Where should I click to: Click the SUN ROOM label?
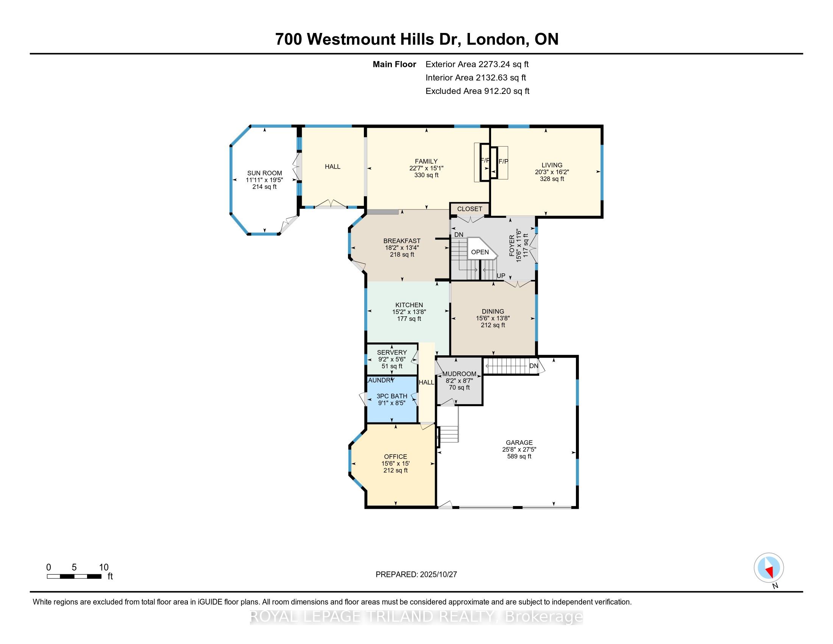264,173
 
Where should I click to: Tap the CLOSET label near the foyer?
470,209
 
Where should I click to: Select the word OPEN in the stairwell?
479,252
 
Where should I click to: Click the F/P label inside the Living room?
504,162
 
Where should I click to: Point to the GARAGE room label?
519,442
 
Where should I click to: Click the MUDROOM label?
459,374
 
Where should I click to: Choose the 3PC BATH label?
392,396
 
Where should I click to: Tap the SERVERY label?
392,353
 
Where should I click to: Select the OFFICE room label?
396,457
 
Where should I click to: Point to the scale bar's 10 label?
104,567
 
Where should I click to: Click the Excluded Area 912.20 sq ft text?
477,91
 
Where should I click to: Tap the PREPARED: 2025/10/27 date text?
416,575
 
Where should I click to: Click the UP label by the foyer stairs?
501,276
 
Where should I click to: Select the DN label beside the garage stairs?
533,366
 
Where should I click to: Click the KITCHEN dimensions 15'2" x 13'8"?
409,312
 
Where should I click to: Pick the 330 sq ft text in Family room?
426,175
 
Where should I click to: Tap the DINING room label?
493,311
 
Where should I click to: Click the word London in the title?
495,39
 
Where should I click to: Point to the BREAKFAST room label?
402,241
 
